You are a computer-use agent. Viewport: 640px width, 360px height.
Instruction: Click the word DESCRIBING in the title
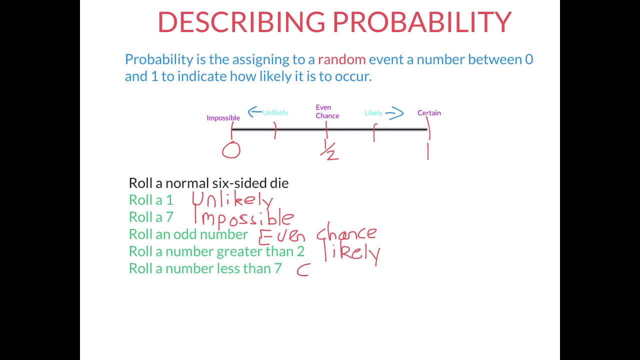click(x=241, y=22)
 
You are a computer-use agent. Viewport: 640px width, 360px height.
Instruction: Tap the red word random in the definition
click(x=341, y=59)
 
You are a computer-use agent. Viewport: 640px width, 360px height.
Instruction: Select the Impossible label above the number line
click(x=223, y=118)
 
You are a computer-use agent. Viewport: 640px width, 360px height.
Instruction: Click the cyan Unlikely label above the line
click(x=275, y=112)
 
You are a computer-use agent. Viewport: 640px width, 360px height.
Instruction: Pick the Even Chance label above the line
click(x=327, y=111)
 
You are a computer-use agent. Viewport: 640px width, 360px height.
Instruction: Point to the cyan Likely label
click(x=373, y=113)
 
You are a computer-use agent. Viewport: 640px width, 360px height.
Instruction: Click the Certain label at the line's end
click(x=429, y=113)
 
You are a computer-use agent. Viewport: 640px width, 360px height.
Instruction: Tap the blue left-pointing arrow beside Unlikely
click(x=254, y=111)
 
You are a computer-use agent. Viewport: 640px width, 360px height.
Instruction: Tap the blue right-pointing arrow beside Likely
click(x=394, y=113)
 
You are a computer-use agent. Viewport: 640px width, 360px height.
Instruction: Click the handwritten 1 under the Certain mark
click(x=428, y=150)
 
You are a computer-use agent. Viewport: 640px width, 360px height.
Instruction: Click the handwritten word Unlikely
click(x=232, y=200)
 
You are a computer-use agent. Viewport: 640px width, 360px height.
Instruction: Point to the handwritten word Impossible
click(x=244, y=217)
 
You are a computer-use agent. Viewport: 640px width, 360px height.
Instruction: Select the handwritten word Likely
click(x=352, y=252)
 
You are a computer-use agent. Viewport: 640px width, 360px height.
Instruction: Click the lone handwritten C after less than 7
click(x=303, y=270)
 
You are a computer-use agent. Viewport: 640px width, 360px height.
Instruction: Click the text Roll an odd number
click(x=188, y=234)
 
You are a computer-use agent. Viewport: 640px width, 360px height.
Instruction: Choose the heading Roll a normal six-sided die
click(x=208, y=183)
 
